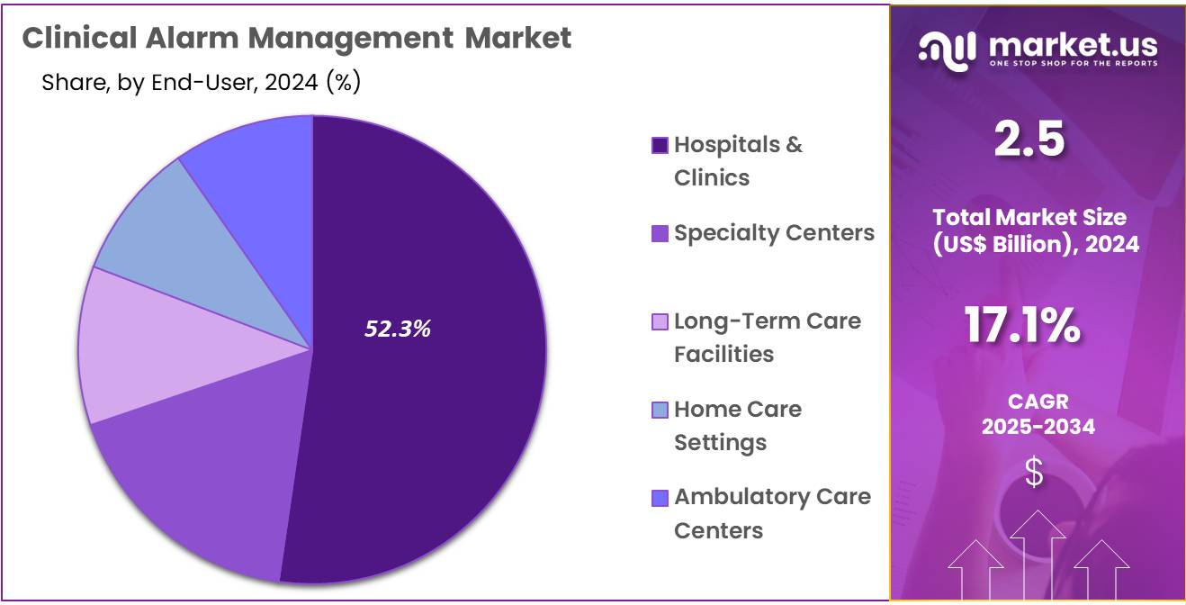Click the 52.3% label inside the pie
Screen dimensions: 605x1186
pyautogui.click(x=398, y=330)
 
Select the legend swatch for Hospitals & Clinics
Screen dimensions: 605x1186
pyautogui.click(x=660, y=146)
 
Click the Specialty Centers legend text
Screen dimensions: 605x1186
pyautogui.click(x=774, y=233)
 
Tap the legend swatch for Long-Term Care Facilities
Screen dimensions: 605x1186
pyautogui.click(x=660, y=321)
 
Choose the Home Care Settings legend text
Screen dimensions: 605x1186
pyautogui.click(x=737, y=426)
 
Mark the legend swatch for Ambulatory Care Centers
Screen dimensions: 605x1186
pyautogui.click(x=660, y=498)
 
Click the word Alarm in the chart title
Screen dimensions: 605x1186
pyautogui.click(x=187, y=38)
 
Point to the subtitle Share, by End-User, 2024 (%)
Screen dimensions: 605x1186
pyautogui.click(x=201, y=83)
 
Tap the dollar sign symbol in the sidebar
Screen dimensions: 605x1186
pyautogui.click(x=1035, y=473)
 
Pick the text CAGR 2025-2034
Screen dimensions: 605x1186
pyautogui.click(x=1038, y=414)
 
